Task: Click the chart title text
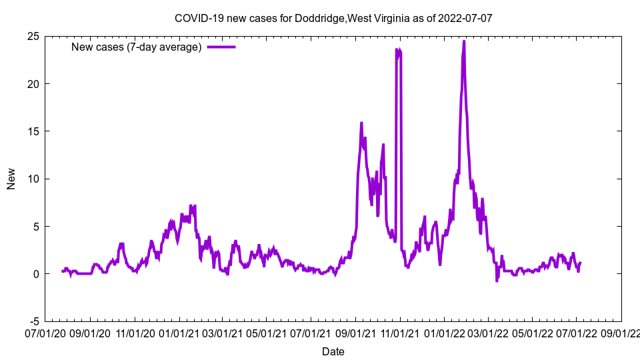click(x=333, y=18)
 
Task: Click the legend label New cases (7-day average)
click(x=137, y=47)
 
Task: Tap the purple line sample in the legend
click(x=221, y=47)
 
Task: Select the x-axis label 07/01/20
click(x=46, y=332)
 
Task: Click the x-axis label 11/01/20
click(x=135, y=332)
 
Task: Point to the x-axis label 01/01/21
click(x=179, y=332)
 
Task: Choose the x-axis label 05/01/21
click(x=267, y=332)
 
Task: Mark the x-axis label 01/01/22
click(x=445, y=332)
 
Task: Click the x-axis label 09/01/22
click(x=621, y=332)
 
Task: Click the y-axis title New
click(x=11, y=179)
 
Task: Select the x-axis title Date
click(x=333, y=351)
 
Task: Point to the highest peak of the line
click(x=464, y=41)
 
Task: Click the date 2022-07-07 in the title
click(x=465, y=18)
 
